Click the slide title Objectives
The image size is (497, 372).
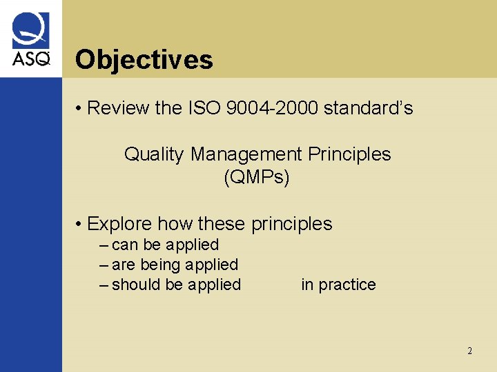(144, 60)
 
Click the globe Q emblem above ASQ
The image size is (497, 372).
(31, 31)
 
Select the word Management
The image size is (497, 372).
(246, 154)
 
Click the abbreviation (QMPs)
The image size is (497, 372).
(257, 177)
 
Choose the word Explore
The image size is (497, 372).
(120, 224)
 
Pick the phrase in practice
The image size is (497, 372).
(338, 285)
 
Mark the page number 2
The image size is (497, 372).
(469, 351)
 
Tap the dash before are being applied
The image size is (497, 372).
(104, 265)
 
